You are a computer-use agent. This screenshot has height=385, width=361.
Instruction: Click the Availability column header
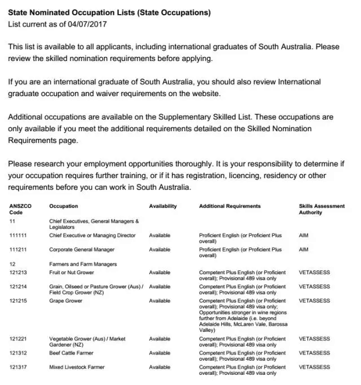coord(162,206)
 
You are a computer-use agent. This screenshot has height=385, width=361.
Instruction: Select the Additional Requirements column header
coord(230,206)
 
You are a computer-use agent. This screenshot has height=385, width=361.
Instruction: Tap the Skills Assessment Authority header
coord(322,209)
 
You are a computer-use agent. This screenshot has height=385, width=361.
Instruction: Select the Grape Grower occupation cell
coord(65,301)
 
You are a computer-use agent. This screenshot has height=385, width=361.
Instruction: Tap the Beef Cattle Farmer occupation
coord(71,353)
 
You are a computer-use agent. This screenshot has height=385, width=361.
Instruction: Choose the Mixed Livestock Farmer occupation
coord(77,367)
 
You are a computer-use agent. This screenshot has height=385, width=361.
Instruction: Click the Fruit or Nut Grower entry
coord(71,272)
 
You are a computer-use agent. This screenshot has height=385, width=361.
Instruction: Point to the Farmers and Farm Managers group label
coord(83,264)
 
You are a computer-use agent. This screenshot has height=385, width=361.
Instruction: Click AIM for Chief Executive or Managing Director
coord(303,235)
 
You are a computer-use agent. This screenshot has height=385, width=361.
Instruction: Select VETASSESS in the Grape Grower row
coord(314,301)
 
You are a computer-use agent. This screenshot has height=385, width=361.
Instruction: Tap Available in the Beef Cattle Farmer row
coord(160,353)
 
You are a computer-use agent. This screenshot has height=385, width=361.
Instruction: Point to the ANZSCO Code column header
coord(19,209)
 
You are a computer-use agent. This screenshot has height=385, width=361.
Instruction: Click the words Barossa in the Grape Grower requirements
coord(274,325)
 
